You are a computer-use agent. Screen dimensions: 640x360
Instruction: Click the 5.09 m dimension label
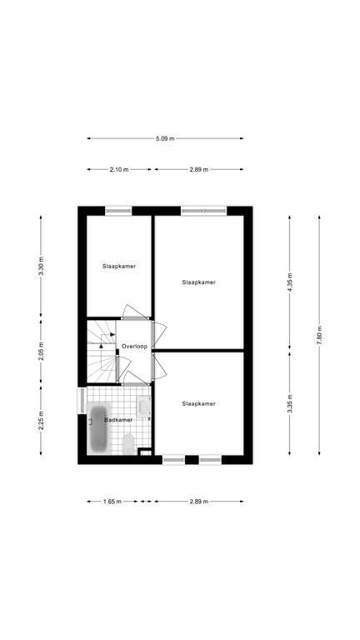tap(165, 138)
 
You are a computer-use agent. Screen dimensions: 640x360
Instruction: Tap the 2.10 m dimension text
tap(119, 169)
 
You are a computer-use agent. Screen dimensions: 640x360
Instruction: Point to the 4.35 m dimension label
tap(290, 283)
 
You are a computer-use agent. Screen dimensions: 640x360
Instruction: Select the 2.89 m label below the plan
tap(198, 502)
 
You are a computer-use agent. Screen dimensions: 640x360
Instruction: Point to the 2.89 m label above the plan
tap(198, 169)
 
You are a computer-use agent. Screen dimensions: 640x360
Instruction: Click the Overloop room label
tap(134, 346)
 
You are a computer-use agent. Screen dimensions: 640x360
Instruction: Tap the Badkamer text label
tap(118, 420)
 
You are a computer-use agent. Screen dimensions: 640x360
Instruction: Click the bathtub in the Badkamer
tap(99, 430)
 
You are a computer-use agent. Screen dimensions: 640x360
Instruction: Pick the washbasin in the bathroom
tap(144, 407)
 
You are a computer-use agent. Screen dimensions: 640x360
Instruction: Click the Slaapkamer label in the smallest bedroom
tap(119, 266)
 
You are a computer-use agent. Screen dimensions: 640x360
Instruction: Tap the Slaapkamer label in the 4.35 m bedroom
tap(199, 282)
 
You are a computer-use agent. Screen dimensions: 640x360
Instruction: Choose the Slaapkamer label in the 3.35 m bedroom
tap(199, 403)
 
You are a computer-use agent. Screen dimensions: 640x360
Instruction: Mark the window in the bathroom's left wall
tap(81, 399)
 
